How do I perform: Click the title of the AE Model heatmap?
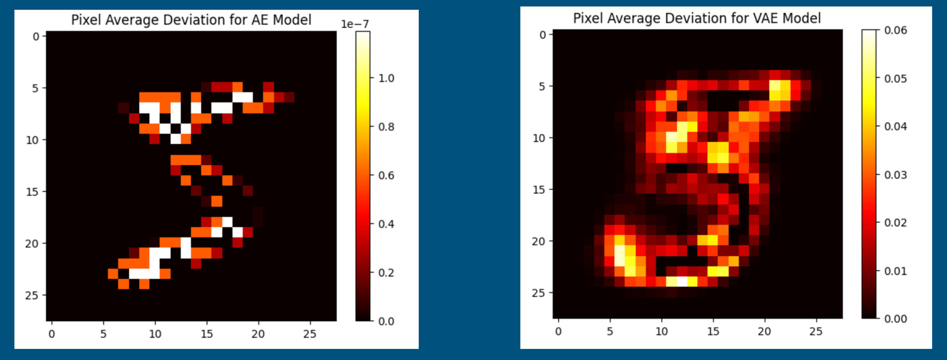(191, 20)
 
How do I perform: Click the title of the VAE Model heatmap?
(697, 18)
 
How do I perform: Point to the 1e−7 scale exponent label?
(355, 24)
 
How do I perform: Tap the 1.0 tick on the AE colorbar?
(386, 78)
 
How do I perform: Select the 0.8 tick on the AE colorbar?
(386, 127)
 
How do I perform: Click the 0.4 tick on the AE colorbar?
(386, 224)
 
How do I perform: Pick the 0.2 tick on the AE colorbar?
(386, 273)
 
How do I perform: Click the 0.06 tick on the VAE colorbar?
(895, 30)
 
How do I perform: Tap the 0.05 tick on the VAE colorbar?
(895, 79)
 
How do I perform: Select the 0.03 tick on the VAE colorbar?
(895, 175)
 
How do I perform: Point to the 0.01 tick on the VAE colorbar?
(895, 271)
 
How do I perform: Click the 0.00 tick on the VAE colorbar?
(895, 319)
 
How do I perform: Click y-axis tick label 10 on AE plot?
(32, 140)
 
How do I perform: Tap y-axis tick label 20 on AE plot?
(32, 244)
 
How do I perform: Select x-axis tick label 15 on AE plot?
(207, 334)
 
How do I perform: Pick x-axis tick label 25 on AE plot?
(310, 334)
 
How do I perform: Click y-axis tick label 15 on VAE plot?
(539, 190)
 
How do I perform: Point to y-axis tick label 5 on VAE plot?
(542, 87)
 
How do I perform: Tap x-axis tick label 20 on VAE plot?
(764, 332)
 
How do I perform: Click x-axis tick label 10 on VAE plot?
(661, 332)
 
